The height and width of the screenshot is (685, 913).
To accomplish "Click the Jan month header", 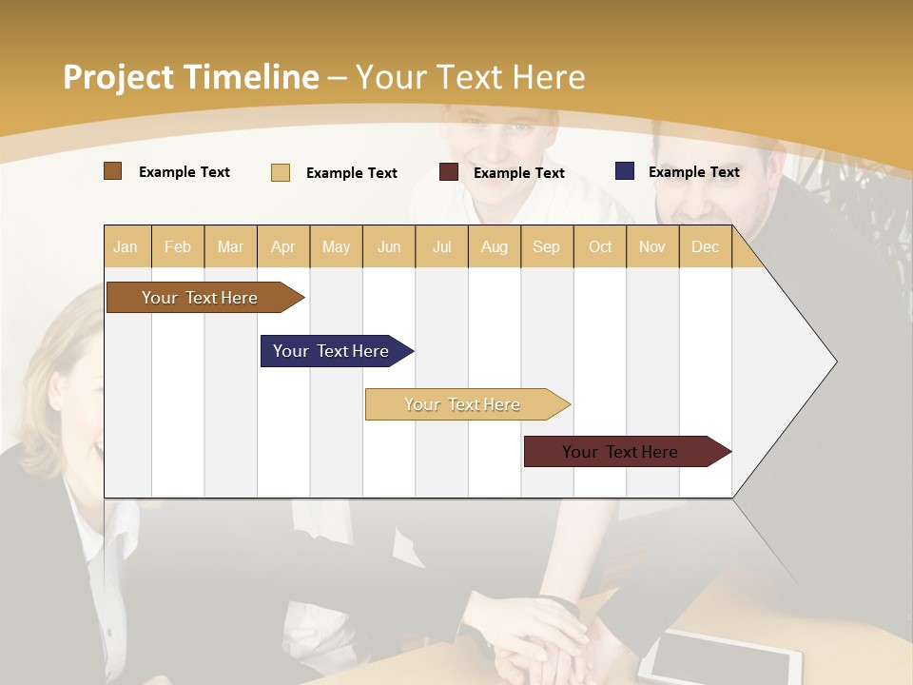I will [x=126, y=246].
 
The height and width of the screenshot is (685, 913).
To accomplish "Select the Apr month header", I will [x=282, y=246].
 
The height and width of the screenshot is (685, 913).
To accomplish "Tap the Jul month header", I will [x=441, y=246].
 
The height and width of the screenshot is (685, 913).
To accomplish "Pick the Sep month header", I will [x=546, y=246].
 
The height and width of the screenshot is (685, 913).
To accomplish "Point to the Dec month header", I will [x=705, y=246].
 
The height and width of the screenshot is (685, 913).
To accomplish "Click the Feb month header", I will [x=178, y=246].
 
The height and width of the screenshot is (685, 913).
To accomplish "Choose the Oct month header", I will [x=600, y=246].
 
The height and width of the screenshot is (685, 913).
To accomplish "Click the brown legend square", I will [x=112, y=171].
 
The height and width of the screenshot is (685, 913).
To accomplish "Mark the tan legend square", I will [x=280, y=172].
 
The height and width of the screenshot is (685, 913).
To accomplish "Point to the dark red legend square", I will [x=449, y=172].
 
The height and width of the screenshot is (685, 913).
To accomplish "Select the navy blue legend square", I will [x=625, y=171].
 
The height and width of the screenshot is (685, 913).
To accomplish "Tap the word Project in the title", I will [x=118, y=77].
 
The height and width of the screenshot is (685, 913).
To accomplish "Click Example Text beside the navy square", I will [x=693, y=172].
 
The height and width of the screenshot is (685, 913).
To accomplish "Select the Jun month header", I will [x=389, y=246].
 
